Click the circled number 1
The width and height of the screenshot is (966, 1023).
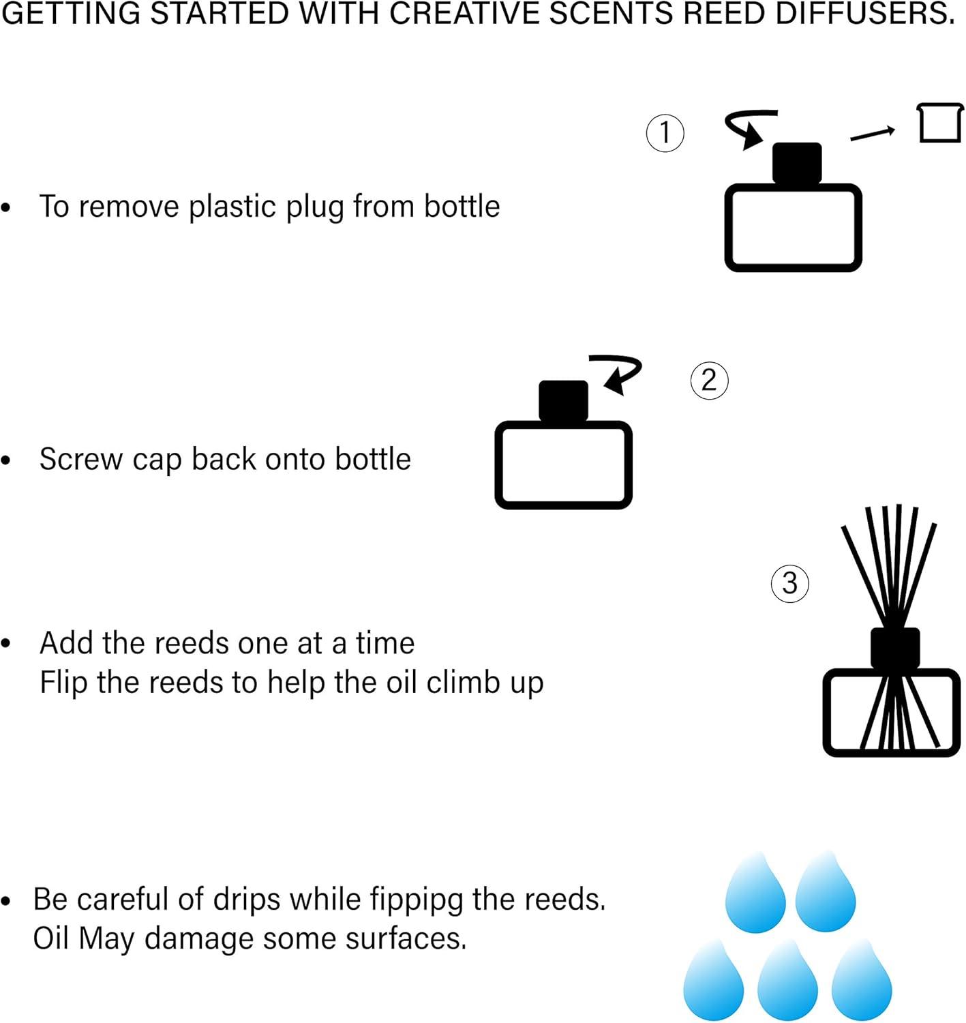[x=665, y=132]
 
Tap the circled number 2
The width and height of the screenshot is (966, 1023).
[x=709, y=381]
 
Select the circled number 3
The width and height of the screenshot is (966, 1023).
[x=789, y=584]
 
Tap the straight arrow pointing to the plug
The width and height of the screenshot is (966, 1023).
[x=873, y=134]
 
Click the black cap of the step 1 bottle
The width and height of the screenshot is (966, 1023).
[x=796, y=163]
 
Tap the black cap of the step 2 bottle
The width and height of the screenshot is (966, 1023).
[x=563, y=401]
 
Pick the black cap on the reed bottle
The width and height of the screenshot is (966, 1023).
[x=895, y=648]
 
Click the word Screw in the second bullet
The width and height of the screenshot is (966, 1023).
[x=81, y=460]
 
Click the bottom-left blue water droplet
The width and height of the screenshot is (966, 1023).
[x=713, y=983]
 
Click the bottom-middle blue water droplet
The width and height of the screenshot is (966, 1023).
[x=787, y=983]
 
